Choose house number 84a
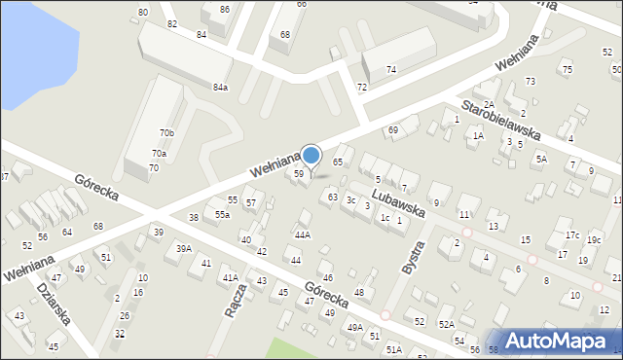(221, 87)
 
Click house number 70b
(166, 132)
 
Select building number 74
(390, 69)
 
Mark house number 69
(393, 129)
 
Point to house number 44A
(303, 234)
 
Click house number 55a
(223, 214)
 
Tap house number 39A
(183, 248)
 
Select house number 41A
(230, 277)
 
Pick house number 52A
(446, 324)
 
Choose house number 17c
(572, 234)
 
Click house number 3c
(350, 199)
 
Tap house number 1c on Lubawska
(385, 217)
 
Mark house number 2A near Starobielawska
(490, 104)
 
